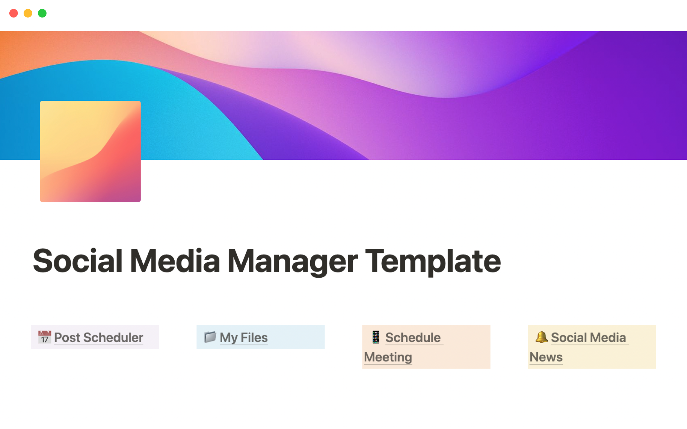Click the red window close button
(x=14, y=13)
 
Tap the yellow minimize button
(x=28, y=13)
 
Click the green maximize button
(x=42, y=13)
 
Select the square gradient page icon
(x=90, y=151)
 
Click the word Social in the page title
(x=78, y=261)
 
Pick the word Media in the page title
(x=175, y=261)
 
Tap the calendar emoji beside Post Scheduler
(x=45, y=337)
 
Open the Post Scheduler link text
(x=99, y=338)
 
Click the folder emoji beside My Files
(x=210, y=337)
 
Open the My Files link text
(x=244, y=338)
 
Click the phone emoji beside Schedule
(x=376, y=337)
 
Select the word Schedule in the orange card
(x=413, y=337)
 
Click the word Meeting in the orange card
(x=388, y=357)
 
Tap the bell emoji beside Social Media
(x=542, y=337)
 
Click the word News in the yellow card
(x=546, y=357)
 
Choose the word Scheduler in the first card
(x=113, y=338)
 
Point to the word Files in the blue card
(x=254, y=337)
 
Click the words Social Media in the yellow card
(x=589, y=337)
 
